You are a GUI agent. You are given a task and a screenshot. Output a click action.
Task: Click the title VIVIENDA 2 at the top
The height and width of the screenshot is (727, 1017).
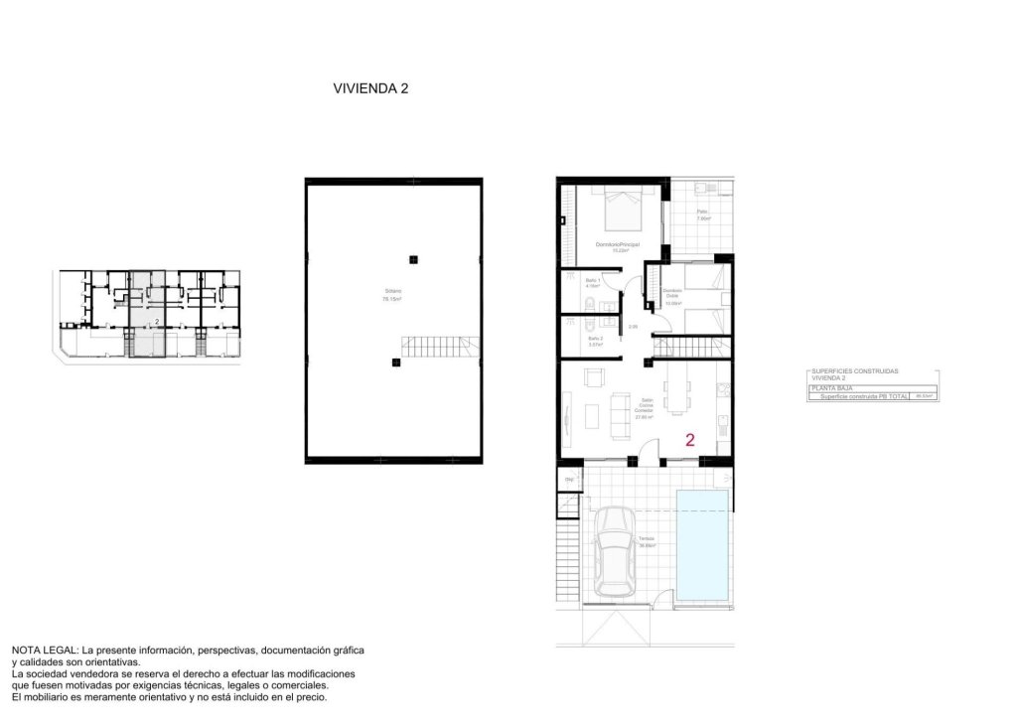(x=370, y=88)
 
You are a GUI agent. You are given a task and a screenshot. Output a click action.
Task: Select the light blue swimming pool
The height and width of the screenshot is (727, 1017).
(x=702, y=545)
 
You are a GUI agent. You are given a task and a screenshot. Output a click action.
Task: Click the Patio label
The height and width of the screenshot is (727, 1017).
(x=701, y=214)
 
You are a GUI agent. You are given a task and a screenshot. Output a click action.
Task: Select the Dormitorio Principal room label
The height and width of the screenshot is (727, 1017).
(x=617, y=246)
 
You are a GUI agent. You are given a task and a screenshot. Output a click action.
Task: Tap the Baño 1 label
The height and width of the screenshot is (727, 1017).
(x=592, y=283)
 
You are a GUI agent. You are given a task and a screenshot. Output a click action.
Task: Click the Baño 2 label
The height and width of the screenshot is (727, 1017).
(x=595, y=341)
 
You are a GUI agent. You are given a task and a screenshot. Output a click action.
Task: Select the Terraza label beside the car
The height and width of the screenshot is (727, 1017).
(x=647, y=542)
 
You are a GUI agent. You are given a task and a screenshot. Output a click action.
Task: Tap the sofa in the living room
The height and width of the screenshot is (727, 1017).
(x=619, y=415)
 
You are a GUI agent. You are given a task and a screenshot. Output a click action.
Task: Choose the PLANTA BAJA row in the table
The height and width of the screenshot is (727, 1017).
(x=827, y=387)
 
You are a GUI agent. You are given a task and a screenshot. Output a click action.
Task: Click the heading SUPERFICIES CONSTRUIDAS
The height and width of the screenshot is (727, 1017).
(x=854, y=371)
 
